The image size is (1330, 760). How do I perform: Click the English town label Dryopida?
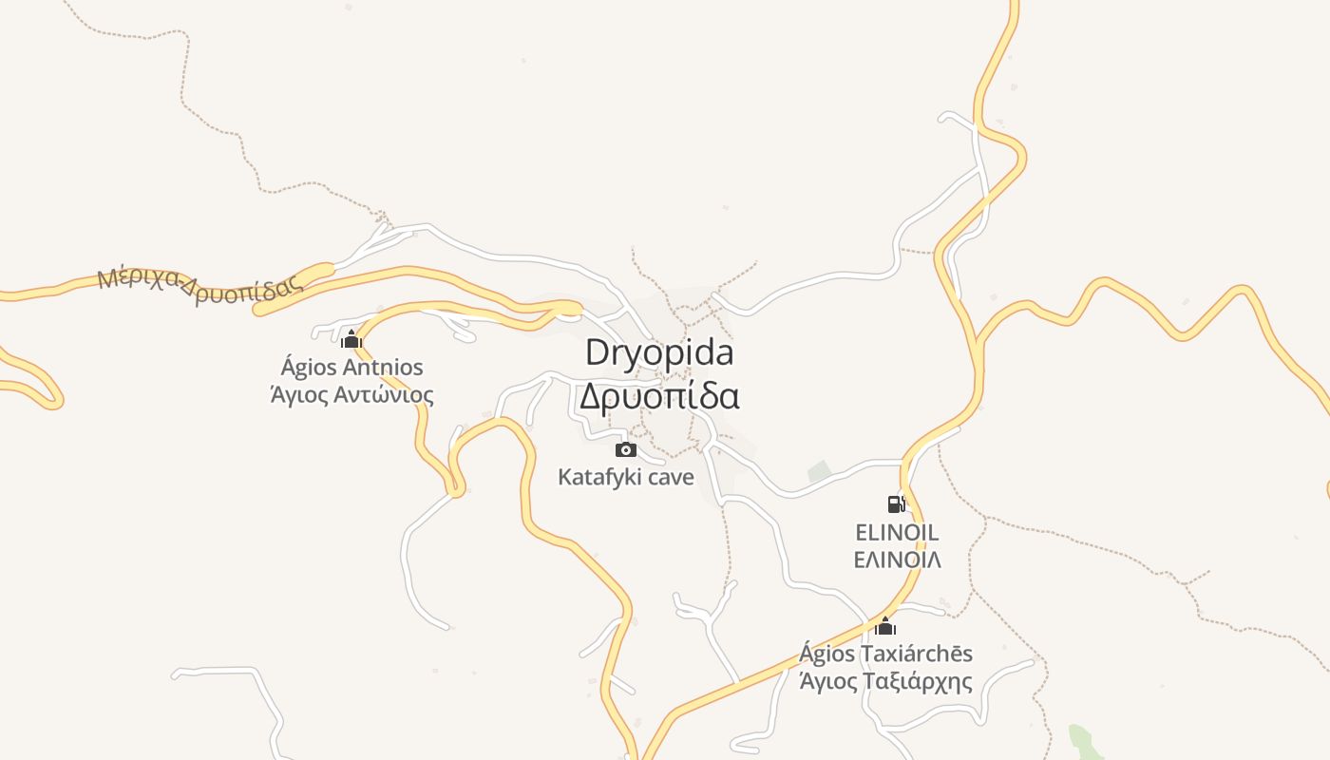coord(659,353)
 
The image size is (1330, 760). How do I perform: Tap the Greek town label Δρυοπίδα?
coord(659,395)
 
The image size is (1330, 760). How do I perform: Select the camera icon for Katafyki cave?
coord(625,449)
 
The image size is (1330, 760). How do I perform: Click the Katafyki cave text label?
coord(625,476)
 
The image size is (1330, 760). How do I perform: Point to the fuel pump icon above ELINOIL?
coord(896,503)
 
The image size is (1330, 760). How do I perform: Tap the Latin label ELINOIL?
coord(897,531)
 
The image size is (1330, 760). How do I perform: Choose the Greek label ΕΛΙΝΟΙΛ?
coord(897,560)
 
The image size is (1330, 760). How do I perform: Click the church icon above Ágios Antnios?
coord(351,339)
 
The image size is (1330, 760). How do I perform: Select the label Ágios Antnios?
coord(351,367)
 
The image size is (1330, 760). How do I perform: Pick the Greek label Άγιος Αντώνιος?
coord(351,394)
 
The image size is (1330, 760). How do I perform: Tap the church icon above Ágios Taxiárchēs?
coord(885,626)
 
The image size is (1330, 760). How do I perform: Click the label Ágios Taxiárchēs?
coord(885,654)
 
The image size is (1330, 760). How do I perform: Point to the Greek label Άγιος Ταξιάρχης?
coord(885,681)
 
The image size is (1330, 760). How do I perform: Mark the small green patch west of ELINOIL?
coord(819,470)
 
